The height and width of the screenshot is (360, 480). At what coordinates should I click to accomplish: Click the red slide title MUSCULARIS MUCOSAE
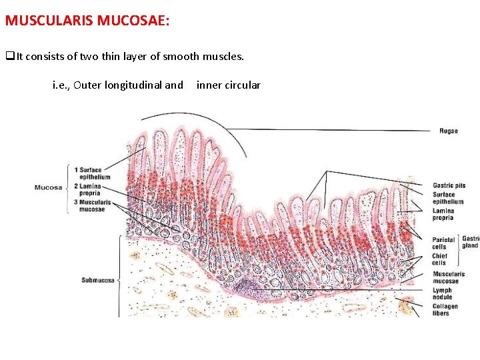pyautogui.click(x=87, y=20)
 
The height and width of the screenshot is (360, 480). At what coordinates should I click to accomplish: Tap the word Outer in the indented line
pyautogui.click(x=87, y=85)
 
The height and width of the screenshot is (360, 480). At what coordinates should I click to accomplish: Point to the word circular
pyautogui.click(x=243, y=85)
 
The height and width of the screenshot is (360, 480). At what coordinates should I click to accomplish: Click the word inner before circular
pyautogui.click(x=209, y=85)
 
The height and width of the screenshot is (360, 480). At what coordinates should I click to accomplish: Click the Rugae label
pyautogui.click(x=448, y=131)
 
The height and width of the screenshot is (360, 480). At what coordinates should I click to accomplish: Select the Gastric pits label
pyautogui.click(x=448, y=185)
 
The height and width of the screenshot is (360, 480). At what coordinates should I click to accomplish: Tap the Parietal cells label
pyautogui.click(x=443, y=243)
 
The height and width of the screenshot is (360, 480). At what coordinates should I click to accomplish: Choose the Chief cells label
pyautogui.click(x=440, y=259)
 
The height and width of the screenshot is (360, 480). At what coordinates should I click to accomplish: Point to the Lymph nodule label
pyautogui.click(x=442, y=293)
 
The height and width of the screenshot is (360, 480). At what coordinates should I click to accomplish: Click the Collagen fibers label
pyautogui.click(x=445, y=310)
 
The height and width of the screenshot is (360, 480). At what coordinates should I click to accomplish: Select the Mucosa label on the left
pyautogui.click(x=48, y=187)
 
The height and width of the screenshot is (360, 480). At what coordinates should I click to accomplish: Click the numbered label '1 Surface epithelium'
pyautogui.click(x=92, y=173)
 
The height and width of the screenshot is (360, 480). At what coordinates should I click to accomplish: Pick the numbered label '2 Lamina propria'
pyautogui.click(x=90, y=189)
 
